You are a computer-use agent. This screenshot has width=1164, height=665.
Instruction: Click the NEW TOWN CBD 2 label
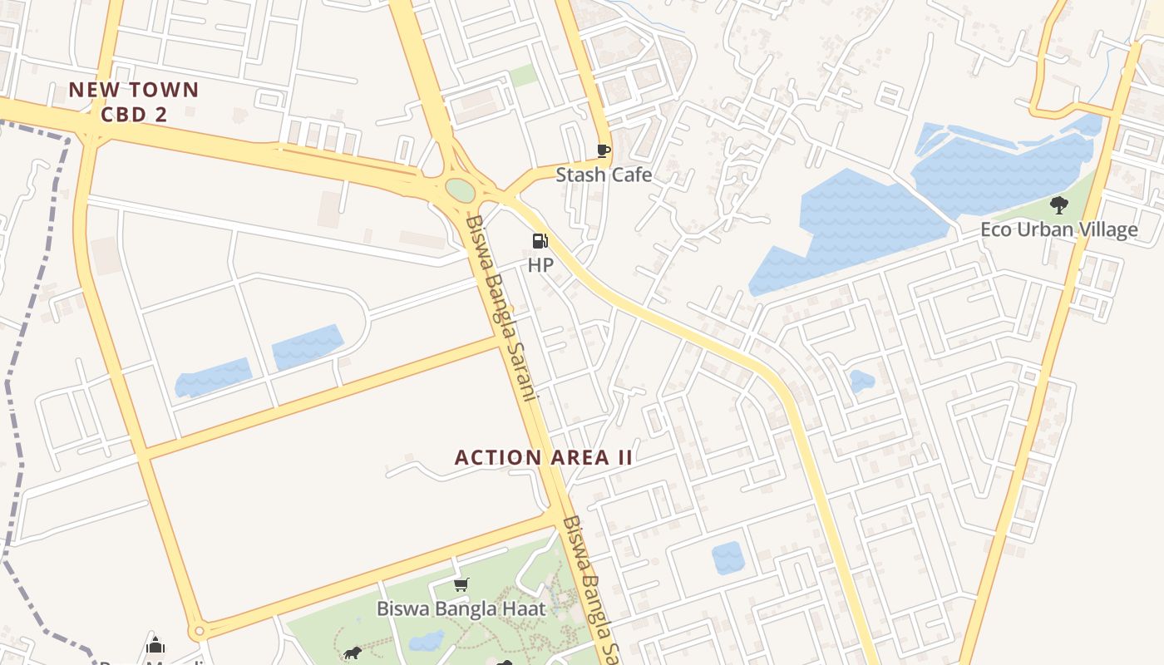[134, 101]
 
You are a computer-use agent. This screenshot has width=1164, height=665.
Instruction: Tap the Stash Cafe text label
[604, 175]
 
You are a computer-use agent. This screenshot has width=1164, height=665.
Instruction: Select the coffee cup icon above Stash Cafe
[604, 150]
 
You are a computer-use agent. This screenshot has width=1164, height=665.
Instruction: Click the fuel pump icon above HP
[540, 242]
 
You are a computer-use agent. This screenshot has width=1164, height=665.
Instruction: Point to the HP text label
[540, 265]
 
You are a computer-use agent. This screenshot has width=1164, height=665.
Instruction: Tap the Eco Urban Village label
[1058, 229]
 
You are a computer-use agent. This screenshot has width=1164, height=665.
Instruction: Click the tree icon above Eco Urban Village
[1058, 204]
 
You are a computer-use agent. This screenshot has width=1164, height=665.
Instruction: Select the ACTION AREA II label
[544, 457]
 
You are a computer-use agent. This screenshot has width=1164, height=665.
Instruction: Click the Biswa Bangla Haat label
[461, 608]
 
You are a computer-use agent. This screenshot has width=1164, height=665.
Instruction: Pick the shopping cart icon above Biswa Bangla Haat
[461, 585]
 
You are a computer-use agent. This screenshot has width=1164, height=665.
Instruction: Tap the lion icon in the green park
[352, 653]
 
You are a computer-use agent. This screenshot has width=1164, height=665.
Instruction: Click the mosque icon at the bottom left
[155, 646]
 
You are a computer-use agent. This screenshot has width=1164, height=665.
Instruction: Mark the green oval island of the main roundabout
[460, 190]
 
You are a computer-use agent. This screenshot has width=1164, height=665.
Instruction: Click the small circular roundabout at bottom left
[198, 632]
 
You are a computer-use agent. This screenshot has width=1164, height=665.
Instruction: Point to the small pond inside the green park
[427, 640]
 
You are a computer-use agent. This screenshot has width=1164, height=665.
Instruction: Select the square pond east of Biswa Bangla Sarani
[728, 557]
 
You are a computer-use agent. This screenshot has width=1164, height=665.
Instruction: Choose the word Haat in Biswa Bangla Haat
[524, 608]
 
